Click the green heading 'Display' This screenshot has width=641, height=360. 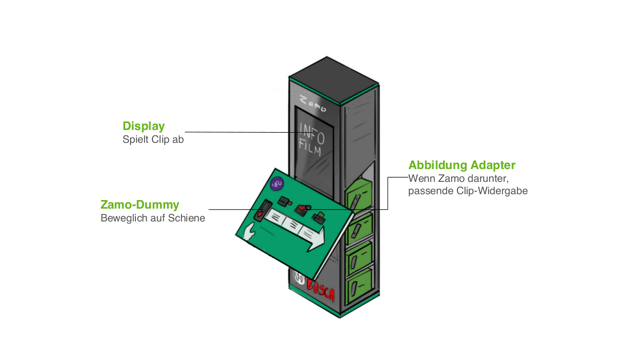pos(143,126)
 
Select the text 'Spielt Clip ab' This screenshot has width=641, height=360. pos(153,140)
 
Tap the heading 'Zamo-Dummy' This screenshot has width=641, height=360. pos(140,205)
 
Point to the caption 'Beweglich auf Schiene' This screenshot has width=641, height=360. pos(152,218)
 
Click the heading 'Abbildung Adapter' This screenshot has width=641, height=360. pos(462,165)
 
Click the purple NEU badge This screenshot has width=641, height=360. pos(277,183)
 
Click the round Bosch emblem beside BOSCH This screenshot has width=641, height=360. pos(299,278)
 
